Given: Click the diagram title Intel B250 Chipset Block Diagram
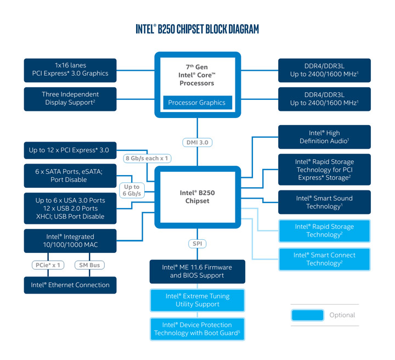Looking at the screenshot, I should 197,29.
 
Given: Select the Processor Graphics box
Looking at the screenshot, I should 197,103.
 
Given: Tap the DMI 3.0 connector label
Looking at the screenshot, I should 197,142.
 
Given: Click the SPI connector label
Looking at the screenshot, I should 197,243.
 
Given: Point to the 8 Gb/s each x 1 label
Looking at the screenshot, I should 147,158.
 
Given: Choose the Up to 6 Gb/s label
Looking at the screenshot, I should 132,190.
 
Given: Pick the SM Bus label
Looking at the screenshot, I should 89,265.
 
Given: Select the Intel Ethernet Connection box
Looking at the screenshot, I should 70,285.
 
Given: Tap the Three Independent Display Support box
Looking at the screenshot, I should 70,98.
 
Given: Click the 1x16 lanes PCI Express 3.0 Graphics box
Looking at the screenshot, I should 70,70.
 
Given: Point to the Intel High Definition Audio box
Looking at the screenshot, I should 324,137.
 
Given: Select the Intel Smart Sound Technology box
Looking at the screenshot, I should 324,203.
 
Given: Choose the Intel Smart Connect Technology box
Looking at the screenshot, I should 324,259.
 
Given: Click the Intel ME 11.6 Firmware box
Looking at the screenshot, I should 197,271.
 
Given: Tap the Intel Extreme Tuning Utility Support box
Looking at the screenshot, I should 197,300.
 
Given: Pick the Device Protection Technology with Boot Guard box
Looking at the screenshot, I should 197,329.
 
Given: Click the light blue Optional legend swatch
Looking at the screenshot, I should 307,315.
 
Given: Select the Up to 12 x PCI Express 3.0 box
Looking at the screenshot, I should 70,150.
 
